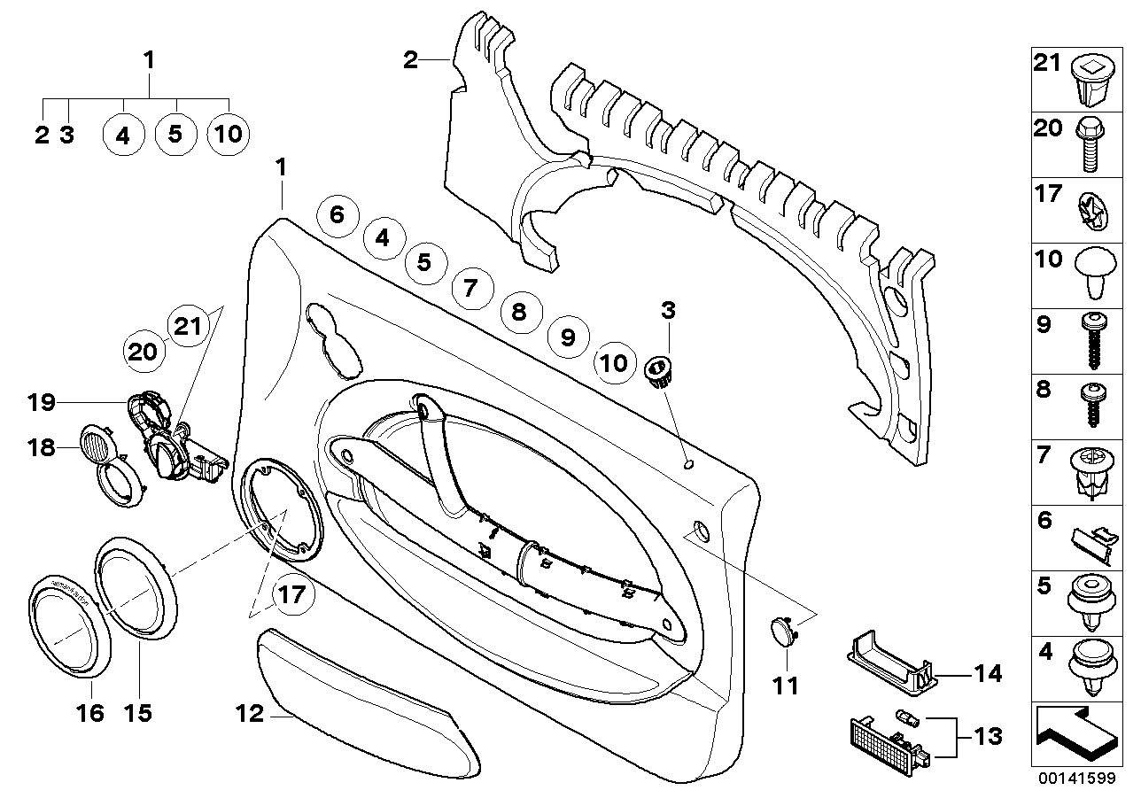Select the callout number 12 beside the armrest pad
click(251, 713)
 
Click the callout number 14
click(989, 674)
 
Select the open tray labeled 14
click(889, 667)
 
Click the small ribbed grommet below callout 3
click(657, 369)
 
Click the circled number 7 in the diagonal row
click(470, 287)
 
